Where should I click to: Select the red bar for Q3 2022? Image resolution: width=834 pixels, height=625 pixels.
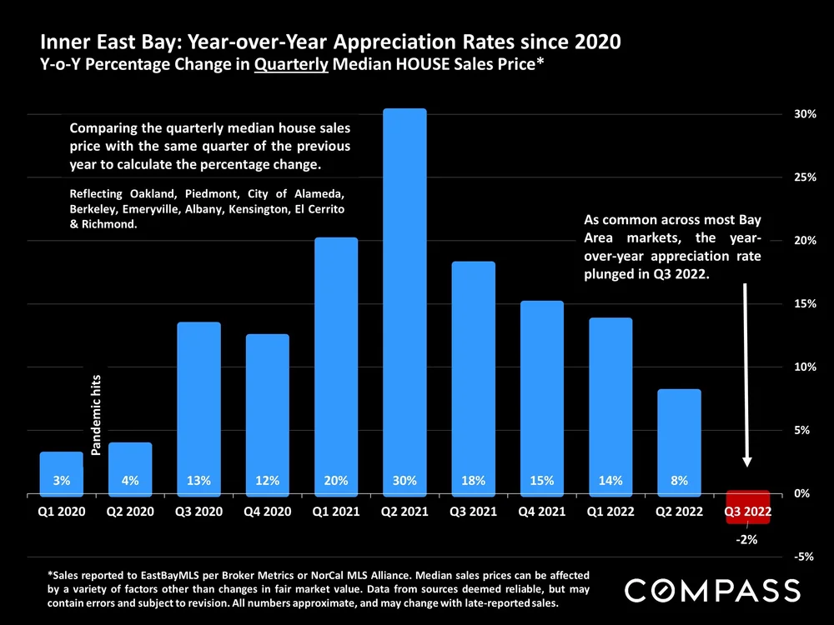click(747, 507)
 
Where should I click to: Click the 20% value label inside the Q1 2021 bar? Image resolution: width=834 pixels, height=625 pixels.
click(335, 481)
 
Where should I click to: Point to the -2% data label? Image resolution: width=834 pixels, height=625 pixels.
click(746, 540)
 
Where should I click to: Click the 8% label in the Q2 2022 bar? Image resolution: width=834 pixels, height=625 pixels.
click(678, 481)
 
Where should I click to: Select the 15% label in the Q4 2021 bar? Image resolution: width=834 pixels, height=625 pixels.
click(541, 481)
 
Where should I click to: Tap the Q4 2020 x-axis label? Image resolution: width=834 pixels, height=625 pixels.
click(267, 511)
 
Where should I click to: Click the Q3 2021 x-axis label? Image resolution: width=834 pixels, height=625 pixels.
click(473, 511)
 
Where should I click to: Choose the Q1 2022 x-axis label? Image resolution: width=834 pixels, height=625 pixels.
click(610, 511)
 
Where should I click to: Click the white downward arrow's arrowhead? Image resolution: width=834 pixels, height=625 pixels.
click(747, 460)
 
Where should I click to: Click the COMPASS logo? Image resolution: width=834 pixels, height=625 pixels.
click(712, 590)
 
